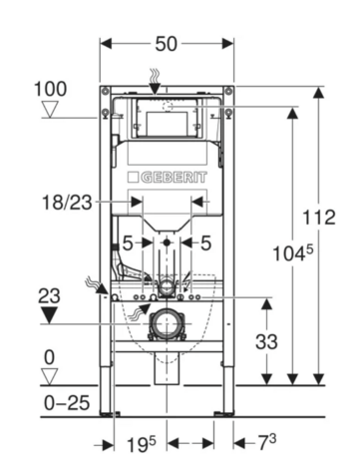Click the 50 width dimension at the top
(x=167, y=44)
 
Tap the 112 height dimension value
(x=319, y=218)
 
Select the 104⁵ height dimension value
(x=293, y=253)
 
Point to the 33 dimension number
(x=266, y=341)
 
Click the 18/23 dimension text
(x=67, y=203)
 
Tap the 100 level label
(x=51, y=89)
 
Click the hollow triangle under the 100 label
(x=50, y=110)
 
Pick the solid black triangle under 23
(x=49, y=315)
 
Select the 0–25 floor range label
(x=67, y=403)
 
